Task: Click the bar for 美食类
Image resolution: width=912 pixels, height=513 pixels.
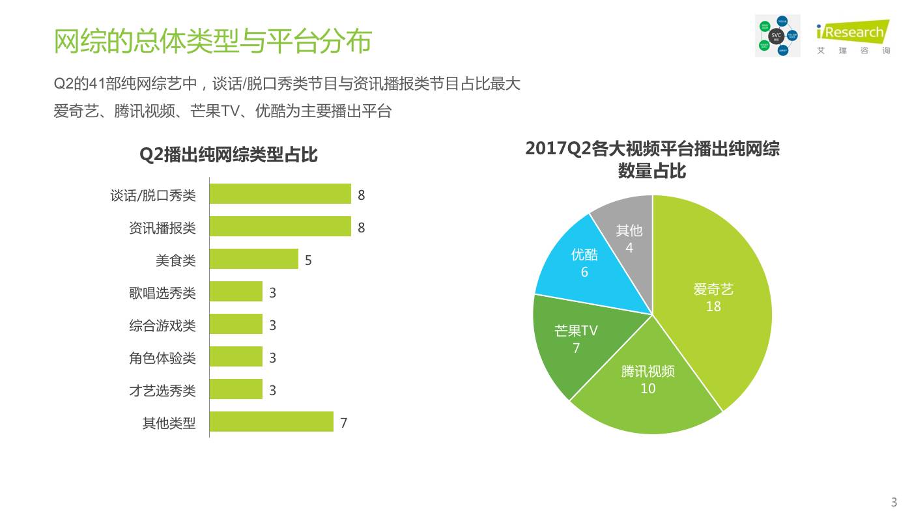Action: [x=254, y=259]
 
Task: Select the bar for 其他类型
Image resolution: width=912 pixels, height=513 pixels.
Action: [x=272, y=422]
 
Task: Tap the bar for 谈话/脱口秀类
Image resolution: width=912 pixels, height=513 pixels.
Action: [x=280, y=194]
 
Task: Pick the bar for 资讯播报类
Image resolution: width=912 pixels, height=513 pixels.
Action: [x=280, y=227]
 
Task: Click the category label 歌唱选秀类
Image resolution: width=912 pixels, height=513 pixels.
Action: [x=162, y=292]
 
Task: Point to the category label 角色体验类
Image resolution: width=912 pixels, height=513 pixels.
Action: [x=162, y=357]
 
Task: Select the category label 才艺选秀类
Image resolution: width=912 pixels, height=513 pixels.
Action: [x=162, y=390]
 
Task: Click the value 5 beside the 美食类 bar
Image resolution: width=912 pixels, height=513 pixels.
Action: [x=308, y=260]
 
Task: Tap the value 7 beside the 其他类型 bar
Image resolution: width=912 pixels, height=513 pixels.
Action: [x=343, y=423]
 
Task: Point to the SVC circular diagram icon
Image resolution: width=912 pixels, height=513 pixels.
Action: [x=777, y=36]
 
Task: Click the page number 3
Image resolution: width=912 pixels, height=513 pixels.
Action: [x=894, y=502]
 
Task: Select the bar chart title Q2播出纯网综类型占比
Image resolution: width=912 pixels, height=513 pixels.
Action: [x=229, y=155]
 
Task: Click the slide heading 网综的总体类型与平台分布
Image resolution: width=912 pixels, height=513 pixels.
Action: [x=212, y=41]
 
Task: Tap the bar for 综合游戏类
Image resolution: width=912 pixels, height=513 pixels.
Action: [x=236, y=324]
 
